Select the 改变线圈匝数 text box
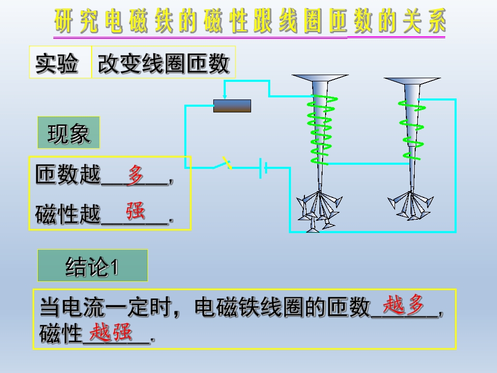click(163, 63)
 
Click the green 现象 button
click(68, 133)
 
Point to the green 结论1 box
click(92, 266)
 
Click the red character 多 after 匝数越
click(136, 175)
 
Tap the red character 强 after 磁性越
click(136, 211)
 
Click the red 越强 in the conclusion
click(111, 333)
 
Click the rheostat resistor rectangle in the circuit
click(232, 106)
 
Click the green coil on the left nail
click(319, 130)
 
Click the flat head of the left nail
click(319, 78)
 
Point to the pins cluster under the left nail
click(317, 210)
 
